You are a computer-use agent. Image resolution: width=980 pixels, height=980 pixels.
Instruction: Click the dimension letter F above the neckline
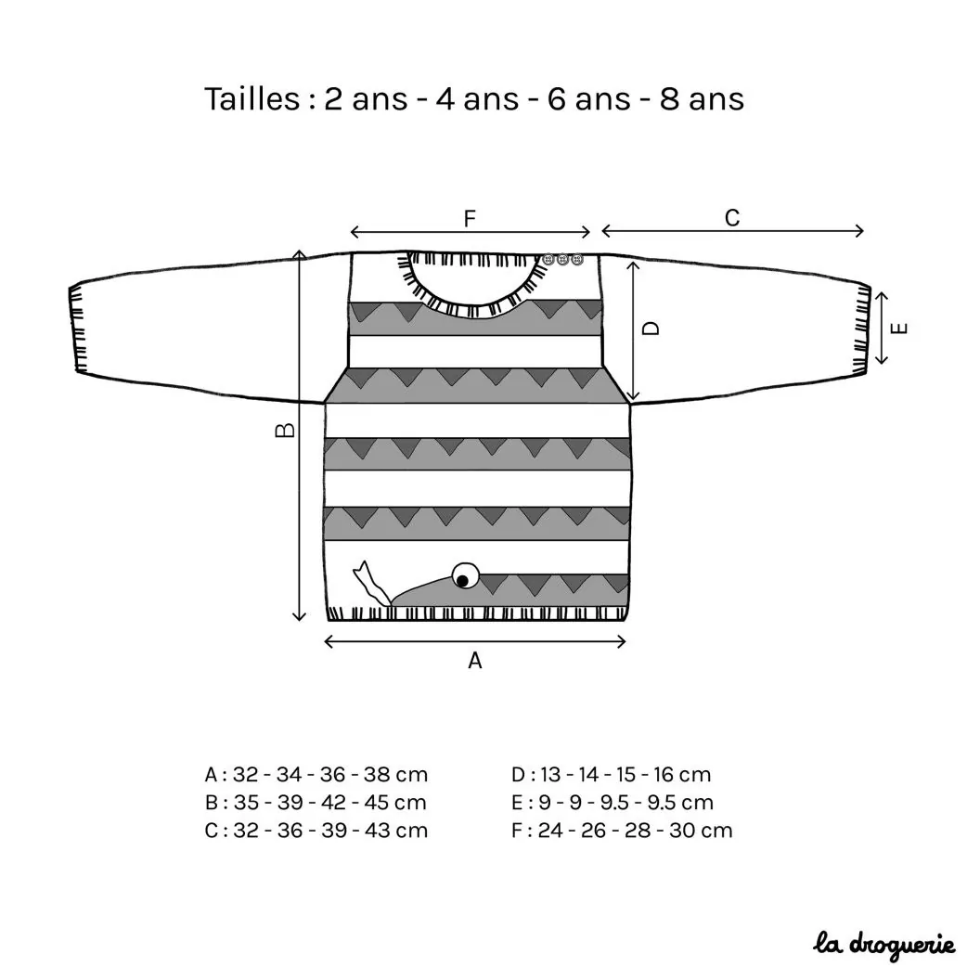pos(470,219)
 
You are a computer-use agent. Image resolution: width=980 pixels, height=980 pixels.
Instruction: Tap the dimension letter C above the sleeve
pos(732,218)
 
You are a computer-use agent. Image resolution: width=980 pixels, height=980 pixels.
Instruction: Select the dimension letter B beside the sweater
pos(285,430)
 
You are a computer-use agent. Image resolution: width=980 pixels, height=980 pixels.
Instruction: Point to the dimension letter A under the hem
pos(475,661)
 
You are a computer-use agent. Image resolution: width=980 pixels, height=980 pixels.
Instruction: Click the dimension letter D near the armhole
pos(651,329)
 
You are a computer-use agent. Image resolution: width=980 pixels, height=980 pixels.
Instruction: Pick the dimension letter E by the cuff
pos(898,329)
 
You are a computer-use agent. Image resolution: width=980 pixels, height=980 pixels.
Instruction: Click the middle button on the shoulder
pos(563,259)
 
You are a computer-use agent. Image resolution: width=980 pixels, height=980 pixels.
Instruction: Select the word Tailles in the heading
pos(252,98)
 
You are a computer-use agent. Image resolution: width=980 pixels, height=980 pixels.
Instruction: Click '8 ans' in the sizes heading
pos(702,98)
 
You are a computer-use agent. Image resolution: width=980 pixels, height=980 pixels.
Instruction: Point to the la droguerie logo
pos(883,945)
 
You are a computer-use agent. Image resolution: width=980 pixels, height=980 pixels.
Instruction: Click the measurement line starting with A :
pos(316,775)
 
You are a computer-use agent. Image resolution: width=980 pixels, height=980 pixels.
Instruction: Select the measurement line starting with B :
pos(316,803)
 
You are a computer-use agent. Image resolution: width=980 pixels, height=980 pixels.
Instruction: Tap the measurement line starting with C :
pos(316,831)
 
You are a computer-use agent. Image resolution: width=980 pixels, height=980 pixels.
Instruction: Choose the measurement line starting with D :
pos(612,775)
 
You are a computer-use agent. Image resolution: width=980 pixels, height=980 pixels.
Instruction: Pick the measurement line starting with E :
pos(612,803)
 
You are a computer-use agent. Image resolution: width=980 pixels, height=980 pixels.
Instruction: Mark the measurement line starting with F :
pos(622,831)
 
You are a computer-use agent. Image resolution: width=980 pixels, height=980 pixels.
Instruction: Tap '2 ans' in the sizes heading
pos(367,98)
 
